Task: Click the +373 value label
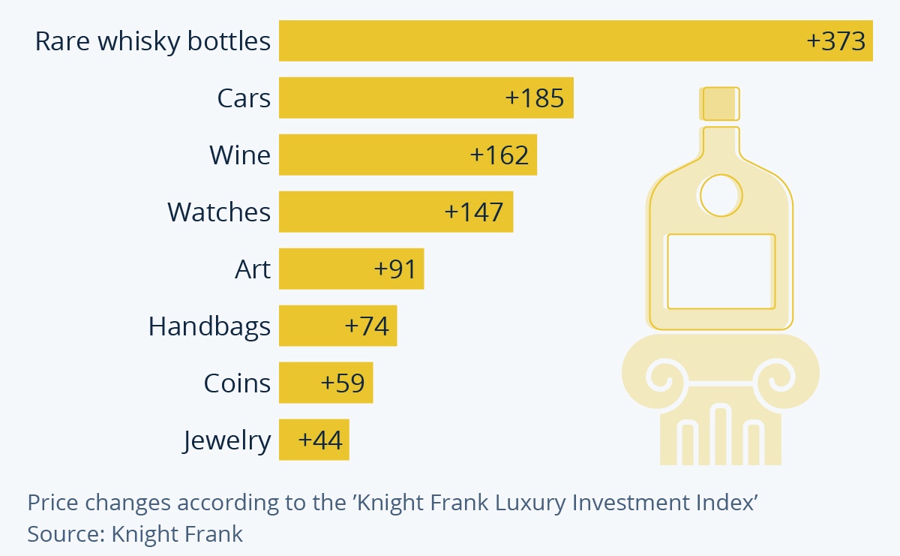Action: click(x=835, y=41)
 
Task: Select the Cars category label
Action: click(x=244, y=98)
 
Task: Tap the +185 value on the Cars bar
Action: click(x=534, y=98)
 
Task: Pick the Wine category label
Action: click(x=240, y=155)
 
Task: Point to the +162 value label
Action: click(x=499, y=155)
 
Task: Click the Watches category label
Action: click(x=219, y=212)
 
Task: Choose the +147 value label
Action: click(x=474, y=212)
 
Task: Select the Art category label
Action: click(x=253, y=269)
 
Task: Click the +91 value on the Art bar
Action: click(x=394, y=269)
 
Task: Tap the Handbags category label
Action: click(x=209, y=326)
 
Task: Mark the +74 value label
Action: click(x=367, y=326)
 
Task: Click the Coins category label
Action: click(x=237, y=383)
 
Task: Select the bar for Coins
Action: click(x=325, y=383)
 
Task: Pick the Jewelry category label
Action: click(x=226, y=441)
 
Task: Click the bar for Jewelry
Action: click(x=314, y=440)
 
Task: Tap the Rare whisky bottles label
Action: click(x=153, y=41)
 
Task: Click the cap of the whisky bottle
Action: click(x=719, y=104)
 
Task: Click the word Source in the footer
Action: click(x=66, y=534)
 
